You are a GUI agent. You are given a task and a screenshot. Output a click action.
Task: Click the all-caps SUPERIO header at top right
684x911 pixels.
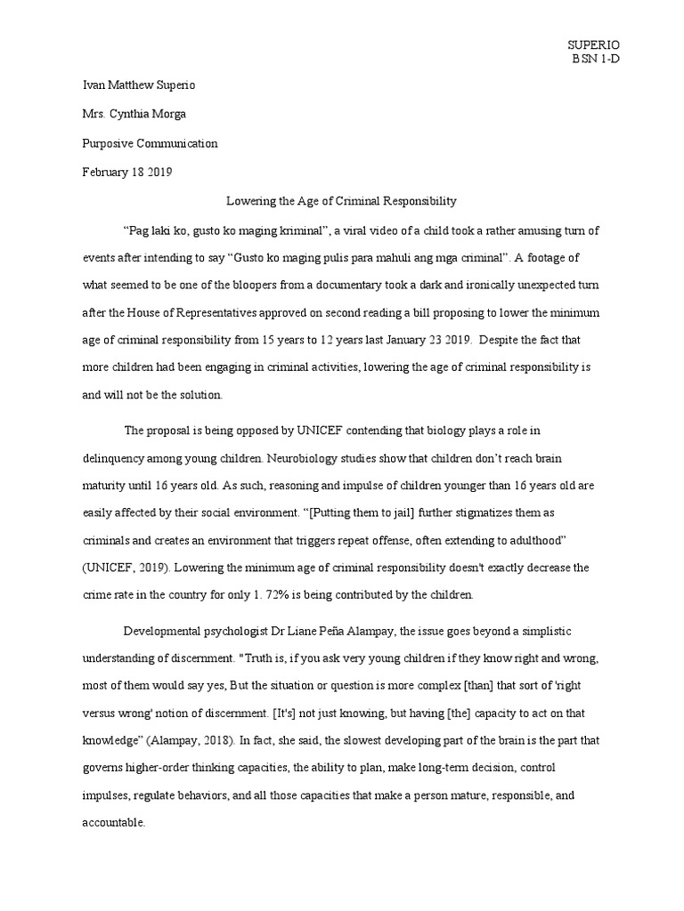point(594,44)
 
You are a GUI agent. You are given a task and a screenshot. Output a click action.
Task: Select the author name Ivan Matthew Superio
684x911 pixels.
point(138,85)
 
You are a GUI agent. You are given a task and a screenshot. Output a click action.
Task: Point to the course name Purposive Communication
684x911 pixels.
point(150,143)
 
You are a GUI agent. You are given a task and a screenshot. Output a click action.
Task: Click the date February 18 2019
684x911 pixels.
point(126,172)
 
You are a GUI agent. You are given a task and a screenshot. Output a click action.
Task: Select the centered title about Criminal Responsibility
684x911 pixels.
point(341,201)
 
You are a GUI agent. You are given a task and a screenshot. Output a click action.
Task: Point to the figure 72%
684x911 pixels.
point(264,595)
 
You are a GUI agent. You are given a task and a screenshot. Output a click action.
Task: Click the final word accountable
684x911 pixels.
point(111,823)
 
